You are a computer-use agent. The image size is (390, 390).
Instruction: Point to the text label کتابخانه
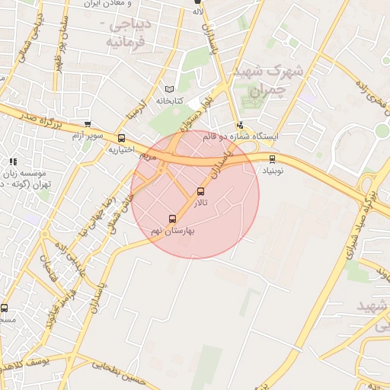pos(171,101)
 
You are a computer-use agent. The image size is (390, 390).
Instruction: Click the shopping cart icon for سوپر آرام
pos(88,124)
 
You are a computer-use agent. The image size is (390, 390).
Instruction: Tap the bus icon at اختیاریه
pos(122,138)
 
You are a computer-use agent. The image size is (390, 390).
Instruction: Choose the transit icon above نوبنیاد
pos(273,159)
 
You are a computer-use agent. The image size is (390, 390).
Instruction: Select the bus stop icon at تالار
pos(201,191)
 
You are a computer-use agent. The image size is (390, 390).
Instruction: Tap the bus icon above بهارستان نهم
pos(173,219)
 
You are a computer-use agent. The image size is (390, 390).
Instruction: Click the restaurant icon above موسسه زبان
pos(11,161)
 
